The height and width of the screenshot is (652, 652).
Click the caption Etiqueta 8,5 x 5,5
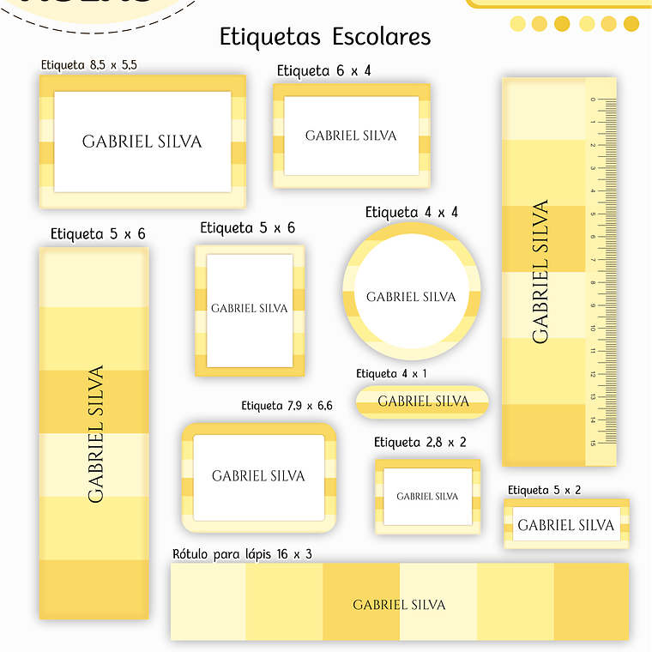pos(88,64)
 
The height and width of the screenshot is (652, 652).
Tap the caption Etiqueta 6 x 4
pos(323,70)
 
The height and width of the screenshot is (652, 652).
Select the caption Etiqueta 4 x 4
pos(412,212)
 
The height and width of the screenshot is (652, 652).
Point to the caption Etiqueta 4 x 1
pos(391,374)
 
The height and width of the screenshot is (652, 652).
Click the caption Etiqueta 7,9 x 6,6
pos(287,406)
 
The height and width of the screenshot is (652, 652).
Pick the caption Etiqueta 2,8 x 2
pos(420,443)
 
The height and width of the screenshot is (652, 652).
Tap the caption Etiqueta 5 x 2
pos(544,490)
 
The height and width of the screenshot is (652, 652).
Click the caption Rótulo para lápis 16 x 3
pos(242,554)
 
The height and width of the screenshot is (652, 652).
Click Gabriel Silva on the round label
pos(412,297)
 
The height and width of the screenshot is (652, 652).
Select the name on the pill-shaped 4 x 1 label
pos(424,401)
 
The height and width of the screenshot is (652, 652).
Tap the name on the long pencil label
pos(400,605)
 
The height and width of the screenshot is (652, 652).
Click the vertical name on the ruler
pos(540,272)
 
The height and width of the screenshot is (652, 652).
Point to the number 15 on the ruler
pos(592,443)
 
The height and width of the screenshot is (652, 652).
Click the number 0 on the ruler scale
pos(592,100)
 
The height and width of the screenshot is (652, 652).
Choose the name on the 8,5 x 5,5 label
pos(142,142)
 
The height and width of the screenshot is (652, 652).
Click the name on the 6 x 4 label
pos(351,136)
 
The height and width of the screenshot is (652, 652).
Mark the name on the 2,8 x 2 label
pos(427,496)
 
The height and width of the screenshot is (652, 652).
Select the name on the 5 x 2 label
pos(566,525)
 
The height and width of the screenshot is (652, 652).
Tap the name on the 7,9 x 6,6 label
pos(258,475)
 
